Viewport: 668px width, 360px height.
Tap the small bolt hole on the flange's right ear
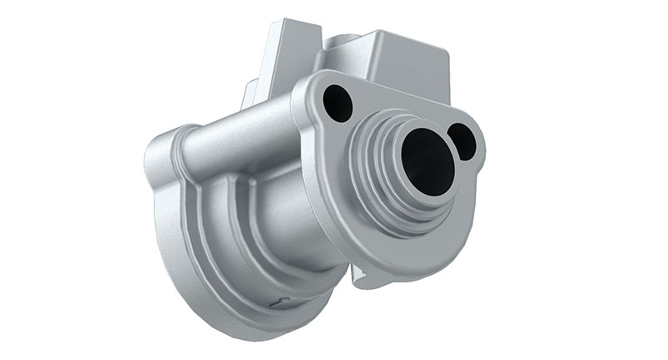(x=463, y=140)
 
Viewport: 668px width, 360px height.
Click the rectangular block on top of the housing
(x=392, y=63)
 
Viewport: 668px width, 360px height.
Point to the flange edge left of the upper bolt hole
(x=307, y=109)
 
